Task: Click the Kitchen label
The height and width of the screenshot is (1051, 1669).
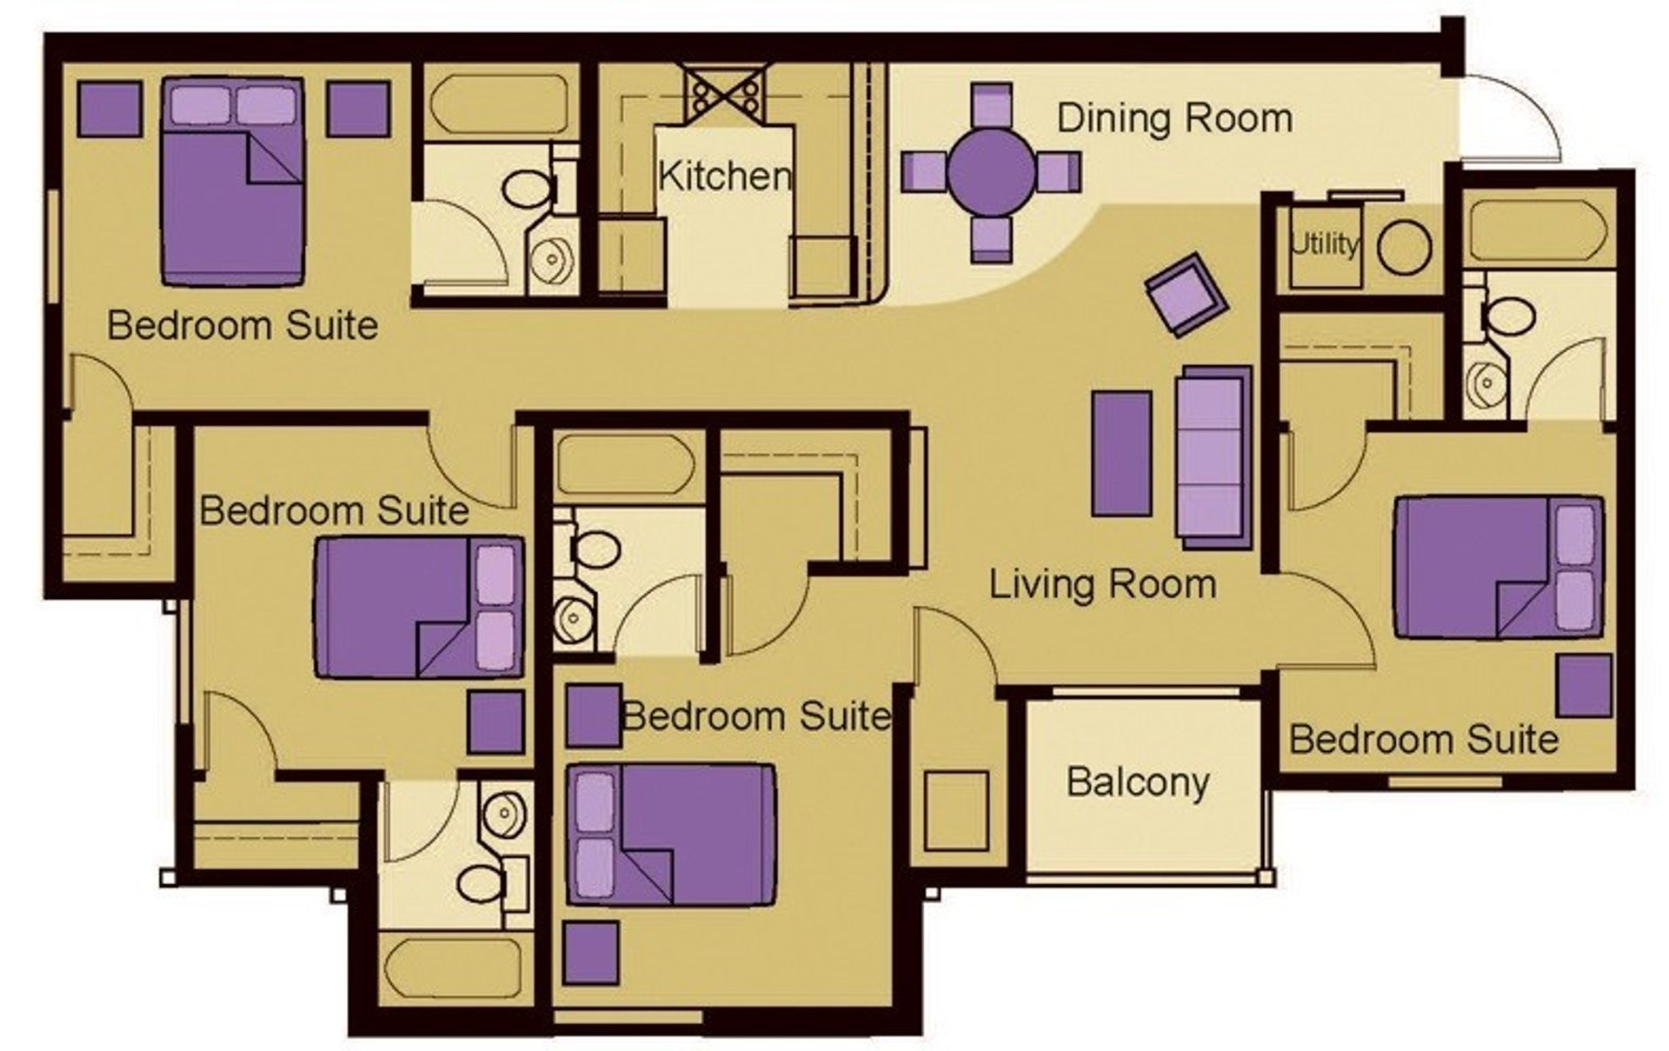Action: coord(724,176)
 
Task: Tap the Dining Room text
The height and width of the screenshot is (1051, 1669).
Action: coord(1174,118)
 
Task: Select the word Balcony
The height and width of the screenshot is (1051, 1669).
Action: coord(1137,782)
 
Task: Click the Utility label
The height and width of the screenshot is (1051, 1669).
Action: coord(1323,244)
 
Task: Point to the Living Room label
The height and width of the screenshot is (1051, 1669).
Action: coord(1102,584)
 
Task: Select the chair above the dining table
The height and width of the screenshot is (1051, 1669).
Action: coord(991,103)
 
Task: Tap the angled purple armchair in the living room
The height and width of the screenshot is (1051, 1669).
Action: coord(1186,295)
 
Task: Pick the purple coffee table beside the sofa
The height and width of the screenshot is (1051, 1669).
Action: coord(1121,453)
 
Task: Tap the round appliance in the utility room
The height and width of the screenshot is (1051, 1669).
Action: coord(1403,247)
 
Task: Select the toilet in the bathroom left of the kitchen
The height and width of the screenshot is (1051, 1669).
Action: coord(527,189)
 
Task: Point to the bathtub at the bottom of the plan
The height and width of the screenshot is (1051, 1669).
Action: coord(455,968)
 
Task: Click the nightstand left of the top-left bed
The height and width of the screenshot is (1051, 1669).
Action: coord(110,109)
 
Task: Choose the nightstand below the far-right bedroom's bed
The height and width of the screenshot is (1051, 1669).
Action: coord(1583,686)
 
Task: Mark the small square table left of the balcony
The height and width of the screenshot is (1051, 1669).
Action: coord(955,810)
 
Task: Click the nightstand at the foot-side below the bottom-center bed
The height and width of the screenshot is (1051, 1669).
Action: coord(592,953)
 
